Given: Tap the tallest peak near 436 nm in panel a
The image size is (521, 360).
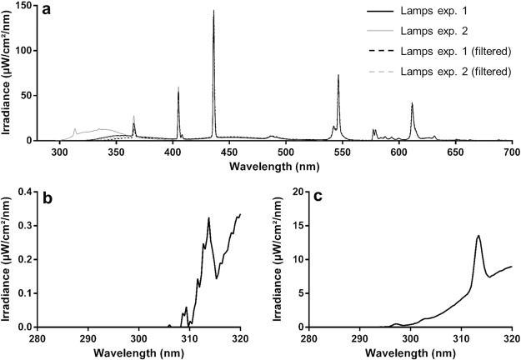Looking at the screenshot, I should [213, 12].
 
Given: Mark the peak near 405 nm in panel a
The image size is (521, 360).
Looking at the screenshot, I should [178, 87].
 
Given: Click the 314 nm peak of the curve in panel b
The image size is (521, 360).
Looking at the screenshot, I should [208, 218].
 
